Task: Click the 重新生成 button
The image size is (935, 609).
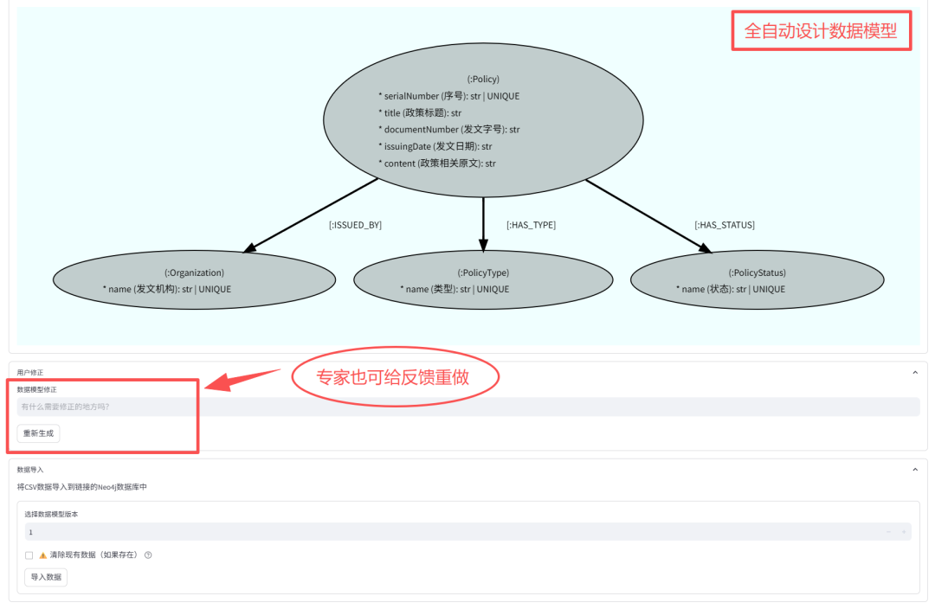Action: pyautogui.click(x=38, y=433)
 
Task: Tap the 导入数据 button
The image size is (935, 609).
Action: pyautogui.click(x=46, y=577)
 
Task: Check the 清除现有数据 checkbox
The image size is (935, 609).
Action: pyautogui.click(x=29, y=555)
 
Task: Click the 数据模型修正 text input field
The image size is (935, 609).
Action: pyautogui.click(x=467, y=407)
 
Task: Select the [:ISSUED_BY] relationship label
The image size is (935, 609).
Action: pyautogui.click(x=355, y=225)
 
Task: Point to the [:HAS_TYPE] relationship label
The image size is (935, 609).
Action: pyautogui.click(x=531, y=225)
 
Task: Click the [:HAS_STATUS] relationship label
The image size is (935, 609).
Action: pyautogui.click(x=725, y=225)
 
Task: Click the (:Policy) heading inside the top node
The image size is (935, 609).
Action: pyautogui.click(x=483, y=80)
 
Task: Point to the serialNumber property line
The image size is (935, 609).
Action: pyautogui.click(x=448, y=96)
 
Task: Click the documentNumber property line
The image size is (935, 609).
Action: pyautogui.click(x=448, y=130)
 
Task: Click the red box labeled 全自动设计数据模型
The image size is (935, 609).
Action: pyautogui.click(x=821, y=31)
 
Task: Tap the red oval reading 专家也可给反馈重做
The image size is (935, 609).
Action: pyautogui.click(x=395, y=377)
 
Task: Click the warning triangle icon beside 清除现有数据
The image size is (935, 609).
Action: pyautogui.click(x=42, y=555)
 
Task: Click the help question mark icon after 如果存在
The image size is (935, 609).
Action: pyautogui.click(x=148, y=555)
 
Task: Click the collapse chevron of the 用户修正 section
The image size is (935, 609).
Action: pyautogui.click(x=915, y=372)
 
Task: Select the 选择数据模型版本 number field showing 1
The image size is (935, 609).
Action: pyautogui.click(x=450, y=532)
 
